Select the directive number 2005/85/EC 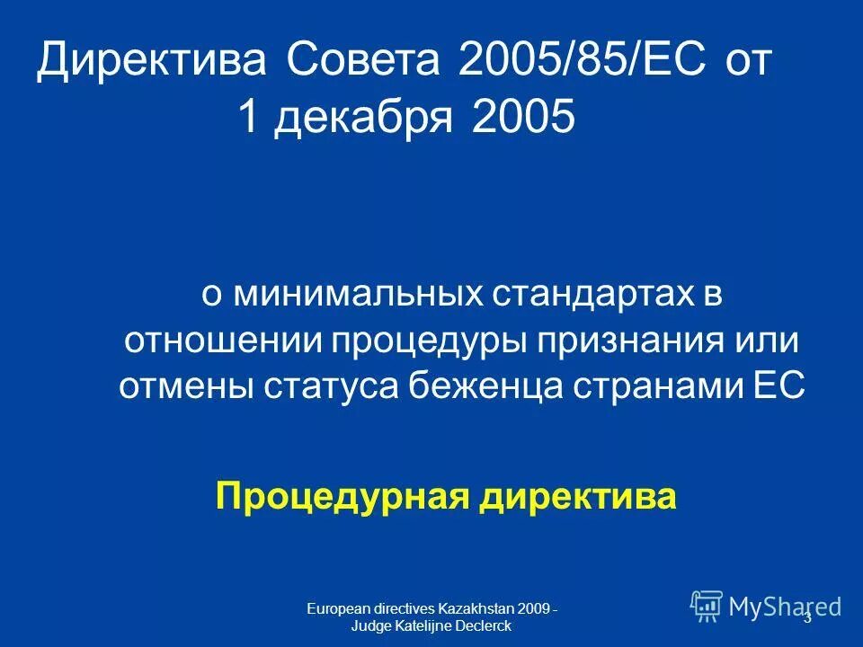[x=575, y=62]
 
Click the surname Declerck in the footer [x=485, y=625]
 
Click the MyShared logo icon [x=707, y=606]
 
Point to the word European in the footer [x=334, y=609]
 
